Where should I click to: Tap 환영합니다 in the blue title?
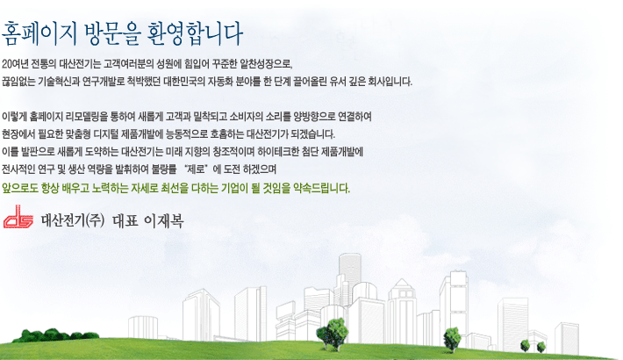195,34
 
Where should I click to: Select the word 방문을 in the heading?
112,34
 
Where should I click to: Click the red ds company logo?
18,217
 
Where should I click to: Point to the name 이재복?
164,220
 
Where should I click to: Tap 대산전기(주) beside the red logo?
73,220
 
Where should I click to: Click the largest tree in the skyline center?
333,334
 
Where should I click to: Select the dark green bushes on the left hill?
55,335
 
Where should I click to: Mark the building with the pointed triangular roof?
402,310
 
